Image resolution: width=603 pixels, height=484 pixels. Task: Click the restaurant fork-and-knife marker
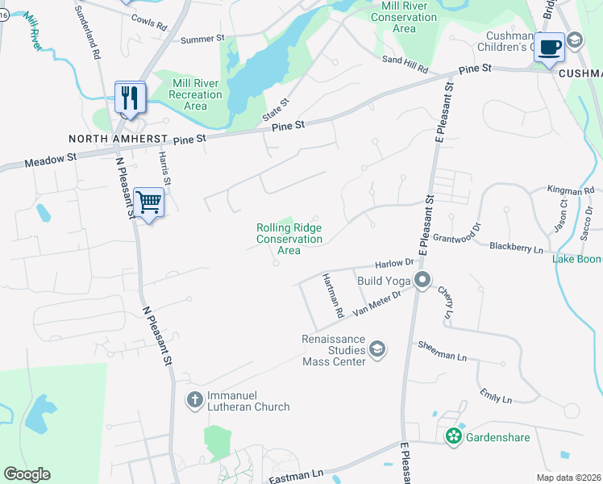point(130,98)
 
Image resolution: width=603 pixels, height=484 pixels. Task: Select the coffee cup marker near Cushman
point(551,47)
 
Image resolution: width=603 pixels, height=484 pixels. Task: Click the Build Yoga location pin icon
point(422,281)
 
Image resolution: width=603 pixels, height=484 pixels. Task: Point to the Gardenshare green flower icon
point(454,436)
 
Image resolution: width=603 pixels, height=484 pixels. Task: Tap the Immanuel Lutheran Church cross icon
point(194,399)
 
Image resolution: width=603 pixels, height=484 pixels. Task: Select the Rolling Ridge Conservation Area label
point(289,240)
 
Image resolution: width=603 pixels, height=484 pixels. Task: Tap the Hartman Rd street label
point(333,294)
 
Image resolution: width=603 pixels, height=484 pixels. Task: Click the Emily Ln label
point(496,396)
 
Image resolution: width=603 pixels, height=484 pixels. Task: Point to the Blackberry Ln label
point(516,249)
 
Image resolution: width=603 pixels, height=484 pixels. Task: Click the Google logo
point(27,474)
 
